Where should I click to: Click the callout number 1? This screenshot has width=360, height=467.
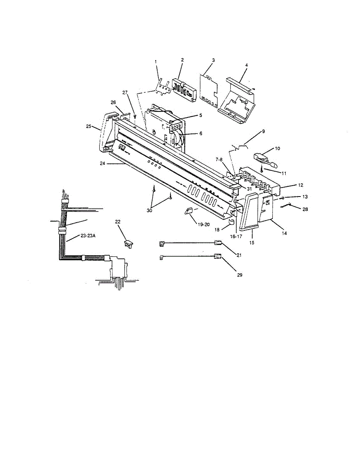156,61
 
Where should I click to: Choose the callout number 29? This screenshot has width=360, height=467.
240,274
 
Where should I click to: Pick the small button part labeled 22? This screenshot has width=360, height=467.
128,244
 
